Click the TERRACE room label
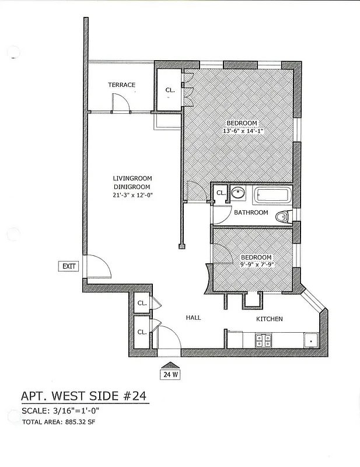121,85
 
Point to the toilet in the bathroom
282,217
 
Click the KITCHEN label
270,319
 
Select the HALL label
193,318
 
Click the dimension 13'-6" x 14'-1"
243,131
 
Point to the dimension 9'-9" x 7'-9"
256,264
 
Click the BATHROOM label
251,212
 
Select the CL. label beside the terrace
170,90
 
